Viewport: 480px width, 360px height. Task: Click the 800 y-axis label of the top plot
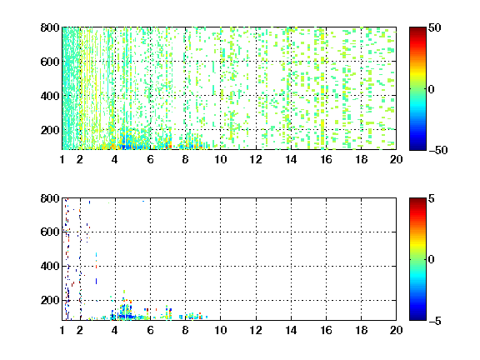[50, 27]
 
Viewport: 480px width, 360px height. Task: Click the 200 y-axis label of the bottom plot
[50, 300]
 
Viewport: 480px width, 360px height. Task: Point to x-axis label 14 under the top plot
[291, 159]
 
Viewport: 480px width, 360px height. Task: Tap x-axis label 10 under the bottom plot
[220, 330]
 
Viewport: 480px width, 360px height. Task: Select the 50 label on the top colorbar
[435, 27]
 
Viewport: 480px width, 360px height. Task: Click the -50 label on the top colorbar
[437, 150]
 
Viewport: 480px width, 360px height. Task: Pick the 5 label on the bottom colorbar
[432, 198]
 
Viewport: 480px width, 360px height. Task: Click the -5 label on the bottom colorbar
[435, 321]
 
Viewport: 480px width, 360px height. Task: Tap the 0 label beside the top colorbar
[432, 89]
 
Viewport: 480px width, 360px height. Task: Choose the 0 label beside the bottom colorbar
[432, 260]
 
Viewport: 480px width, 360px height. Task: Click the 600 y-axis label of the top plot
[50, 62]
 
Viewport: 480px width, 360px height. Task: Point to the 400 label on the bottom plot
[50, 266]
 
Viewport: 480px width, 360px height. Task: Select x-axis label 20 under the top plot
[396, 159]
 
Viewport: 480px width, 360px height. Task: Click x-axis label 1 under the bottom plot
[62, 330]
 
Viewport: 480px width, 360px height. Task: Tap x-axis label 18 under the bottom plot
[361, 330]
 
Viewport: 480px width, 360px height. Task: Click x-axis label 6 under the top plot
[150, 159]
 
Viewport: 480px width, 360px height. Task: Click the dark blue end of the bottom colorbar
[417, 318]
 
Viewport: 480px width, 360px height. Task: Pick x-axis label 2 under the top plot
[80, 159]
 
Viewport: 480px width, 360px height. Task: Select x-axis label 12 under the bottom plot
[256, 330]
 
